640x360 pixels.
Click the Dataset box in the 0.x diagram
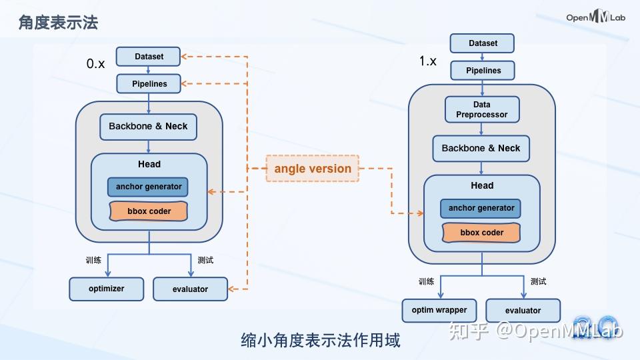149,57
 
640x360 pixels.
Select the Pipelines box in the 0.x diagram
149,84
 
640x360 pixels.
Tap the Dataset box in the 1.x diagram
483,43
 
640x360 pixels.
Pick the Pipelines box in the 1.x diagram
483,70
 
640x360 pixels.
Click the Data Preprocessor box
481,109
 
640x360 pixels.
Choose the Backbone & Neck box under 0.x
148,126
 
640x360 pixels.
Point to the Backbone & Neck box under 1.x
481,148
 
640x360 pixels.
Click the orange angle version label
313,169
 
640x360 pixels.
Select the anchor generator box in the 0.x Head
148,187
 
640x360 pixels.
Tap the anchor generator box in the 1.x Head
481,208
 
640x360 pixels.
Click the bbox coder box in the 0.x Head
149,211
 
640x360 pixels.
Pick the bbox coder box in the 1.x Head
481,233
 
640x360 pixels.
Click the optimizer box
106,289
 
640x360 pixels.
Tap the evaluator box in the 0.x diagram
190,289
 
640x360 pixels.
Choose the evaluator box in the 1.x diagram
523,310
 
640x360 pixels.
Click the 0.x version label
96,64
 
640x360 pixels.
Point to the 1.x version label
428,61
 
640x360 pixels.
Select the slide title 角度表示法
59,22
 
